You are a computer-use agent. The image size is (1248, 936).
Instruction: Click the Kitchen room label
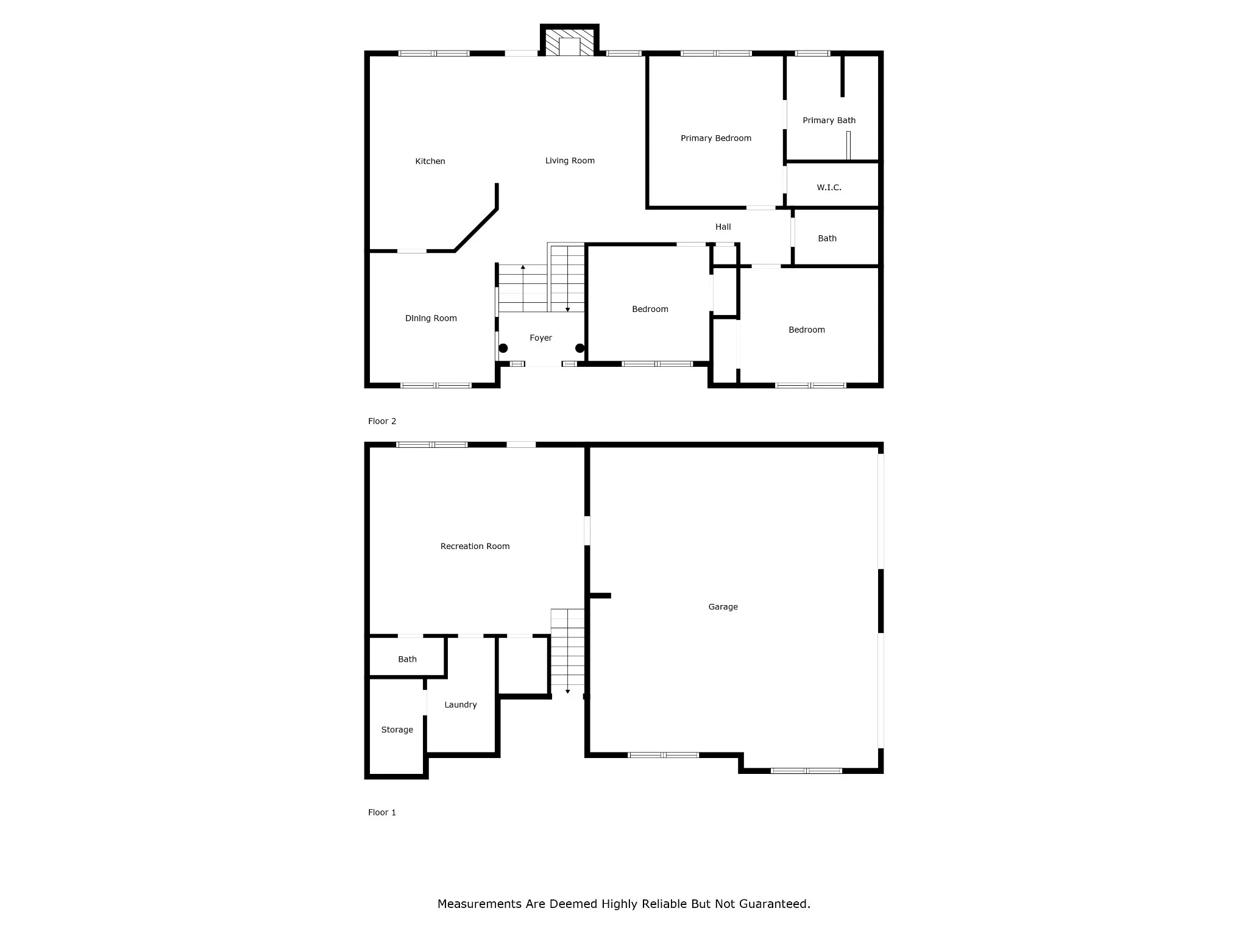[430, 161]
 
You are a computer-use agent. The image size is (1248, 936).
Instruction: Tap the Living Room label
[570, 161]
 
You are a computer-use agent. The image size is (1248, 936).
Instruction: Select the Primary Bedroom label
[716, 138]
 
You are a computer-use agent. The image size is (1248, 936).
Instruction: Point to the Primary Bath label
[829, 121]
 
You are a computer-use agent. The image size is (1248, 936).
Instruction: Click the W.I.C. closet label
[829, 188]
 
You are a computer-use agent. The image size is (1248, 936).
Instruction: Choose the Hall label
[723, 227]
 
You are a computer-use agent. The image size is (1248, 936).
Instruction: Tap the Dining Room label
[431, 318]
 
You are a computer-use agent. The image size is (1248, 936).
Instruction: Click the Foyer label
[541, 338]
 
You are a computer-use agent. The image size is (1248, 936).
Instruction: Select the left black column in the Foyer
[503, 349]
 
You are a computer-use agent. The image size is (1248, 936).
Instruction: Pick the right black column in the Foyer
[580, 349]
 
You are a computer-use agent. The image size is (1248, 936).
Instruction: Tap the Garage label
[723, 607]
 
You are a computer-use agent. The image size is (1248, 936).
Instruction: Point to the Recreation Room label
[475, 547]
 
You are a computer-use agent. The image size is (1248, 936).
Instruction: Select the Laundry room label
[461, 705]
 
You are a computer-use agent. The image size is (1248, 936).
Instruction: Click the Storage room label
[397, 730]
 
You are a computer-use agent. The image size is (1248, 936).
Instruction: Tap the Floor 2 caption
[382, 421]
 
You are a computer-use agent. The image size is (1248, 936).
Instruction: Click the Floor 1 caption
[382, 812]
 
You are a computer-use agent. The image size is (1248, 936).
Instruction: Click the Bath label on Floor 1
[407, 659]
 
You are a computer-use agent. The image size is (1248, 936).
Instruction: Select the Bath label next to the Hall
[827, 239]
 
